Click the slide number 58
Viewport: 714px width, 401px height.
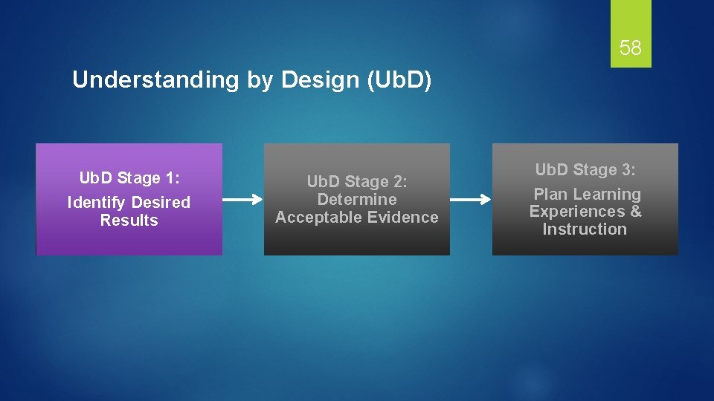[630, 49]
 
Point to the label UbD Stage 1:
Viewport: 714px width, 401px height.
[130, 178]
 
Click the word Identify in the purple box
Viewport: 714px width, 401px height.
[96, 203]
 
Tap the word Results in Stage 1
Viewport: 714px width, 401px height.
[129, 221]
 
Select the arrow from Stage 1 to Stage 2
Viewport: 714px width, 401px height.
[242, 199]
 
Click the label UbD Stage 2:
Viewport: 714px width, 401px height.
[358, 182]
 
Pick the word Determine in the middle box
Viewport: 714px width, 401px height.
[357, 200]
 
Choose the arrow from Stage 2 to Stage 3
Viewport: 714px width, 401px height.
[471, 199]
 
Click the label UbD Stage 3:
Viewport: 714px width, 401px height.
[585, 170]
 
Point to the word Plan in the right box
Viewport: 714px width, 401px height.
[550, 195]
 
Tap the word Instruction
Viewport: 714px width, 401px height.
[585, 229]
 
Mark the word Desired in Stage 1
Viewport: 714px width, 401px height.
[161, 203]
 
